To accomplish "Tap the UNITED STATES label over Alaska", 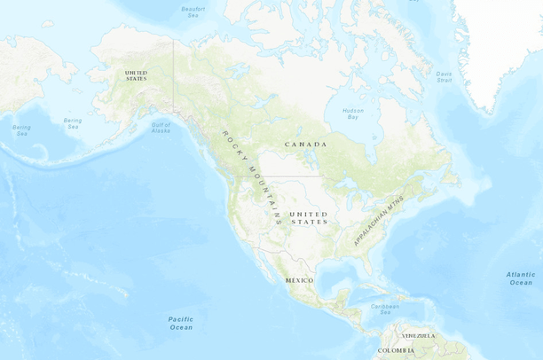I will coord(137,74).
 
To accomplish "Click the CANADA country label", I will coord(305,144).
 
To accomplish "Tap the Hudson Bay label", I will coord(352,113).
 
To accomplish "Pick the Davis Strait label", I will coord(444,77).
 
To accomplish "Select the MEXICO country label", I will coord(300,280).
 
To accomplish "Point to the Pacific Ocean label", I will coord(180,323).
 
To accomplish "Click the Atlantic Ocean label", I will coord(521,279).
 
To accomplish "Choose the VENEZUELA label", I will coord(419,336).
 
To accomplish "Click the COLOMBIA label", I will coord(396,351).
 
